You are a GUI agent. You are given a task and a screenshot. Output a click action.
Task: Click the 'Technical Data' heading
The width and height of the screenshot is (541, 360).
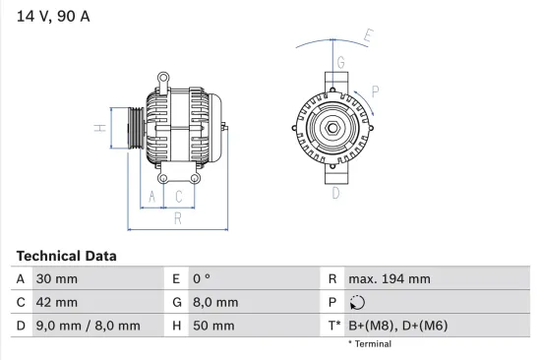pos(66,256)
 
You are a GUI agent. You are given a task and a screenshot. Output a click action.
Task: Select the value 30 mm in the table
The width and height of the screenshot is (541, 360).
pos(57,279)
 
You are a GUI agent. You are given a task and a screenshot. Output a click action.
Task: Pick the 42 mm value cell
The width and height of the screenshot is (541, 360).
pos(57,302)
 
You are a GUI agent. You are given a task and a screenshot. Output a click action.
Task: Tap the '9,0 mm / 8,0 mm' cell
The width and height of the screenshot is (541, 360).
pos(88,326)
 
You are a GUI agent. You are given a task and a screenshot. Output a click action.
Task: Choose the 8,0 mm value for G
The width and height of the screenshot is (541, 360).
pos(214,302)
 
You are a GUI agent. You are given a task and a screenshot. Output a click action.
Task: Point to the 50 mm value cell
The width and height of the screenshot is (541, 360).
pos(213,326)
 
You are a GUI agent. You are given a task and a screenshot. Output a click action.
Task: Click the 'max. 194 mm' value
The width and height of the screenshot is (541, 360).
pos(391,279)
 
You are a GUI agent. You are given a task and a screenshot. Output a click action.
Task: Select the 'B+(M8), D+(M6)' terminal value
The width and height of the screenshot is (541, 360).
pos(403,326)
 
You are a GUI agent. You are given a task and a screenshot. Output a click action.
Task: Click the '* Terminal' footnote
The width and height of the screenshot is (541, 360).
pos(369,344)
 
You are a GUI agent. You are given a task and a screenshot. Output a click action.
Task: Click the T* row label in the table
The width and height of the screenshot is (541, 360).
pos(334,326)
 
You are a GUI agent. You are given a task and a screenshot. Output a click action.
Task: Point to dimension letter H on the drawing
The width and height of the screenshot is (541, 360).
pos(99,128)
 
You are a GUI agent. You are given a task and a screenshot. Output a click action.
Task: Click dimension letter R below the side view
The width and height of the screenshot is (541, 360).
pos(177,218)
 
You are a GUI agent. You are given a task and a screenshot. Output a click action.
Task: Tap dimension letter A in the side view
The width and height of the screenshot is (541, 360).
pos(151,197)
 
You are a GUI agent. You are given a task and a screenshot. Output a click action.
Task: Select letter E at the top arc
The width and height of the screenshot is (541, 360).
pos(368,36)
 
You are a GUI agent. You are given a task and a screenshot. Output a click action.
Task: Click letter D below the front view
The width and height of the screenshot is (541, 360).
pos(335,194)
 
